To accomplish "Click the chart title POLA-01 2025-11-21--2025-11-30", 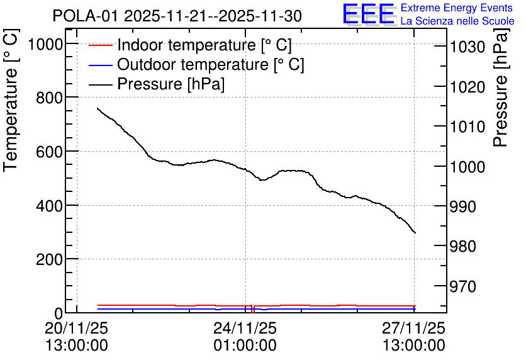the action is click(177, 16).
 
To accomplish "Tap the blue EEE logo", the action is click(369, 14).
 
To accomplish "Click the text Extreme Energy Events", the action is click(457, 8).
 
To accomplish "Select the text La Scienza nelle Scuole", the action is click(457, 21).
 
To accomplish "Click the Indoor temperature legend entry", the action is click(190, 45).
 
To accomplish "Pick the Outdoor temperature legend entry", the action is click(196, 64).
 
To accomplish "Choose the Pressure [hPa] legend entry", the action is click(157, 84).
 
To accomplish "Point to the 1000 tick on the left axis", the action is click(45, 44).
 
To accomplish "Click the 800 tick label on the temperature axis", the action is click(50, 98).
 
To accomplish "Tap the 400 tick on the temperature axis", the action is click(50, 206).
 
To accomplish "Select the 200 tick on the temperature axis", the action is click(50, 259).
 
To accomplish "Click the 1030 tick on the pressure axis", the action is click(467, 47).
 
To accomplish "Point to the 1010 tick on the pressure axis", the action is click(467, 127).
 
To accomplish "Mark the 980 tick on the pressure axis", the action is click(463, 247).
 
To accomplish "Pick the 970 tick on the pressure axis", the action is click(463, 286).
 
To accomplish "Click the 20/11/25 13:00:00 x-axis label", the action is click(77, 336).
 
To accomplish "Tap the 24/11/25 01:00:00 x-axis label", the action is click(245, 336).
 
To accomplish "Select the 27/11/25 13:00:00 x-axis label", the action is click(414, 336).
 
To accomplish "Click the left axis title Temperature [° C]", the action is click(11, 101).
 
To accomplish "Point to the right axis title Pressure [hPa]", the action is click(501, 87).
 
